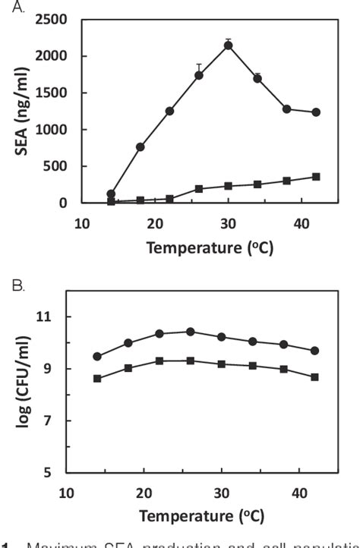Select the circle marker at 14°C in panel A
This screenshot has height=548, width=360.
111,194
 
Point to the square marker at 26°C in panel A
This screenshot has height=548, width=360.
199,189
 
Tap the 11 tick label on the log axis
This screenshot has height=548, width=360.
50,317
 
